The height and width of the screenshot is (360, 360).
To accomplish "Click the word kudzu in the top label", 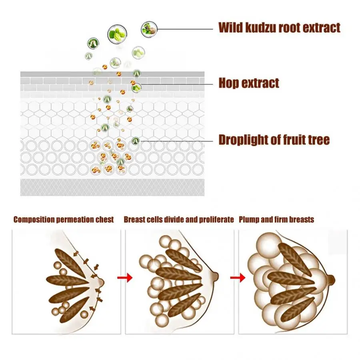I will [255, 28].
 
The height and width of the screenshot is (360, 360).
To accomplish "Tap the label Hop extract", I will [248, 83].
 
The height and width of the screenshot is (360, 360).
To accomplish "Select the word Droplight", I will [244, 140].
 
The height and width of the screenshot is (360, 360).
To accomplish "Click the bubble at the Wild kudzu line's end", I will [149, 29].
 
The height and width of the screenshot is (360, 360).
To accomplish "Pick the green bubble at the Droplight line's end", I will [136, 141].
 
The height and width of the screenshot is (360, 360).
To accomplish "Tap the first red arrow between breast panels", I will [126, 277].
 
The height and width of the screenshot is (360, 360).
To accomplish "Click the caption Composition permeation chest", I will [64, 220].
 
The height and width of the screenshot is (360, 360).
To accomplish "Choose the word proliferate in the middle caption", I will [216, 220].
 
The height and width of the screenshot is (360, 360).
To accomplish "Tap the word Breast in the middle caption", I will [133, 220].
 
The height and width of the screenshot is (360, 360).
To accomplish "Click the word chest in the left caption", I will [105, 220].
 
